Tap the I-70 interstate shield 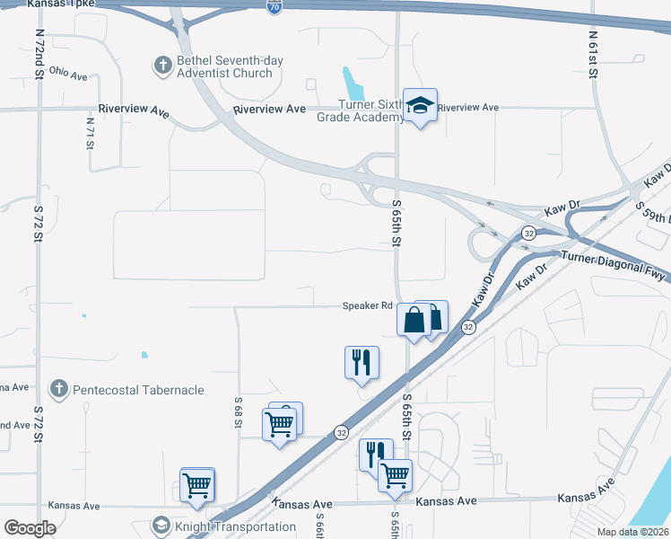[x=273, y=7]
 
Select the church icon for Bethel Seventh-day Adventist [x=162, y=65]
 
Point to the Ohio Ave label [x=68, y=72]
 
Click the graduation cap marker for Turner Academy [x=419, y=106]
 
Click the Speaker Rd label [x=367, y=305]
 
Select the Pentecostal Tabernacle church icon [x=58, y=389]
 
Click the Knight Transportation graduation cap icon [x=161, y=526]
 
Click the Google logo [x=30, y=528]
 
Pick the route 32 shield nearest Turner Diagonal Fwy [x=530, y=234]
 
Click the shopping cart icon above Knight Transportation [x=196, y=486]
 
